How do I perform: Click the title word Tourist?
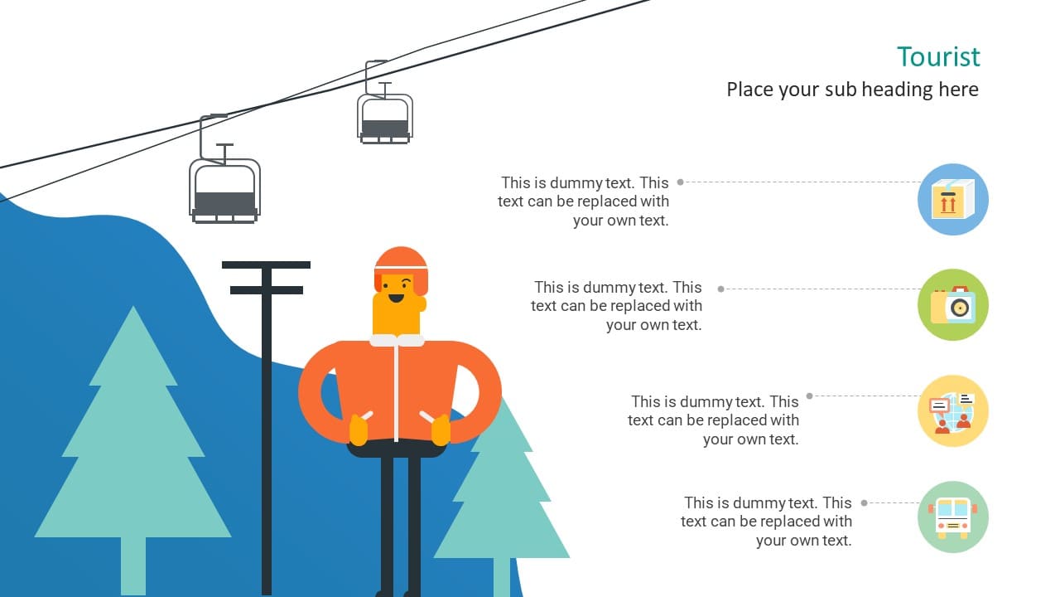(x=938, y=57)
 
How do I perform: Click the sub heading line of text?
(x=852, y=90)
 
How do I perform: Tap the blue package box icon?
(x=953, y=200)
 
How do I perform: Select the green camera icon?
(x=953, y=304)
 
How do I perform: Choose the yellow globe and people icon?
(x=953, y=410)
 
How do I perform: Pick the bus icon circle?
(x=953, y=517)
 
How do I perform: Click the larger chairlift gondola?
(x=224, y=190)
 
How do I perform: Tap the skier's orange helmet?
(x=402, y=268)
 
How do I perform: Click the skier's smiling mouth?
(x=396, y=298)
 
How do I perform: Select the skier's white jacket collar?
(x=397, y=340)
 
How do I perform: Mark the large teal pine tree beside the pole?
(x=133, y=450)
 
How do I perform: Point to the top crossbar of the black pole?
(x=266, y=265)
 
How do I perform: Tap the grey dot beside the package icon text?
(x=680, y=182)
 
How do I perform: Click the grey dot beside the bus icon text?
(x=864, y=502)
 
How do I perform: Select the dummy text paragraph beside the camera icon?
(x=617, y=306)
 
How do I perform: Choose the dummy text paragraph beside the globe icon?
(x=713, y=420)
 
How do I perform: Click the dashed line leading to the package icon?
(x=802, y=182)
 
